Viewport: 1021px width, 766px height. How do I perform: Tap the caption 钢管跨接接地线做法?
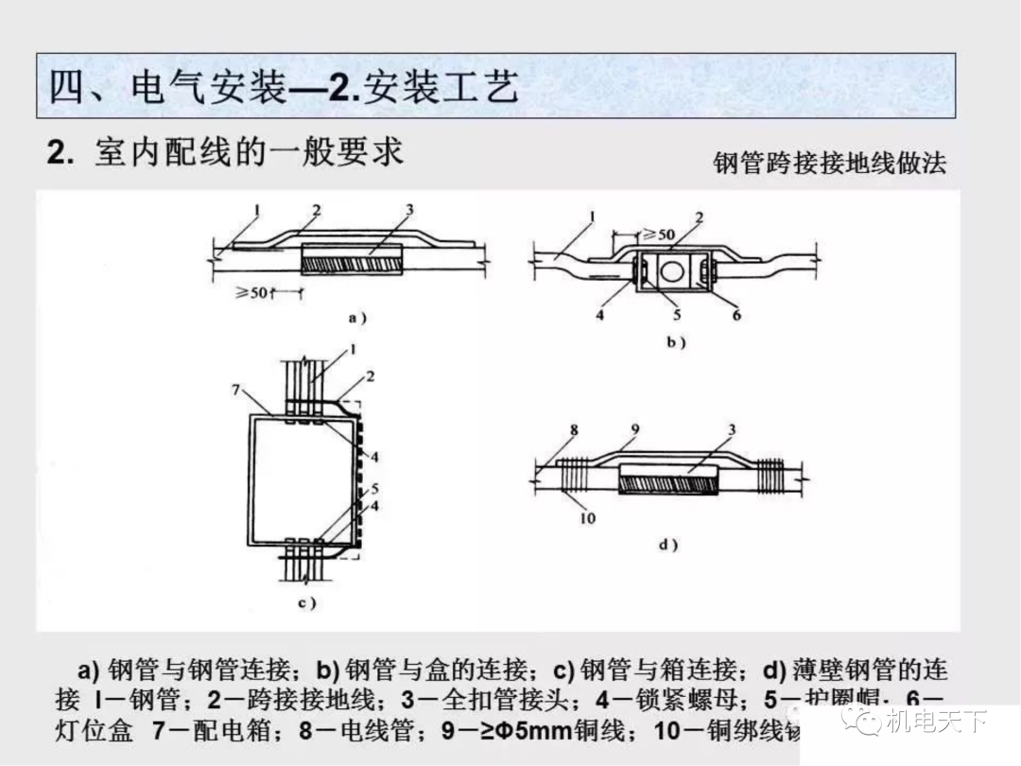point(829,163)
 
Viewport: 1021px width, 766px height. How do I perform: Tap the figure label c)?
point(306,602)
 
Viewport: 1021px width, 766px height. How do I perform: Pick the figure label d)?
point(667,545)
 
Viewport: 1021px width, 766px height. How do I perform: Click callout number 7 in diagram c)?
point(236,391)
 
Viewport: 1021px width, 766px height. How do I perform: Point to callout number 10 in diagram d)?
point(588,517)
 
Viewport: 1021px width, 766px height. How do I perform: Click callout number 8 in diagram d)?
point(574,430)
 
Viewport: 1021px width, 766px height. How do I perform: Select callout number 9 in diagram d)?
point(635,430)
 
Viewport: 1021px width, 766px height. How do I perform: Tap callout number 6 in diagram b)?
point(736,315)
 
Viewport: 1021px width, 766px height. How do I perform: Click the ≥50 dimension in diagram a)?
point(252,293)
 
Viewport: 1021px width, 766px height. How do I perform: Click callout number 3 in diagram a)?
point(409,209)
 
